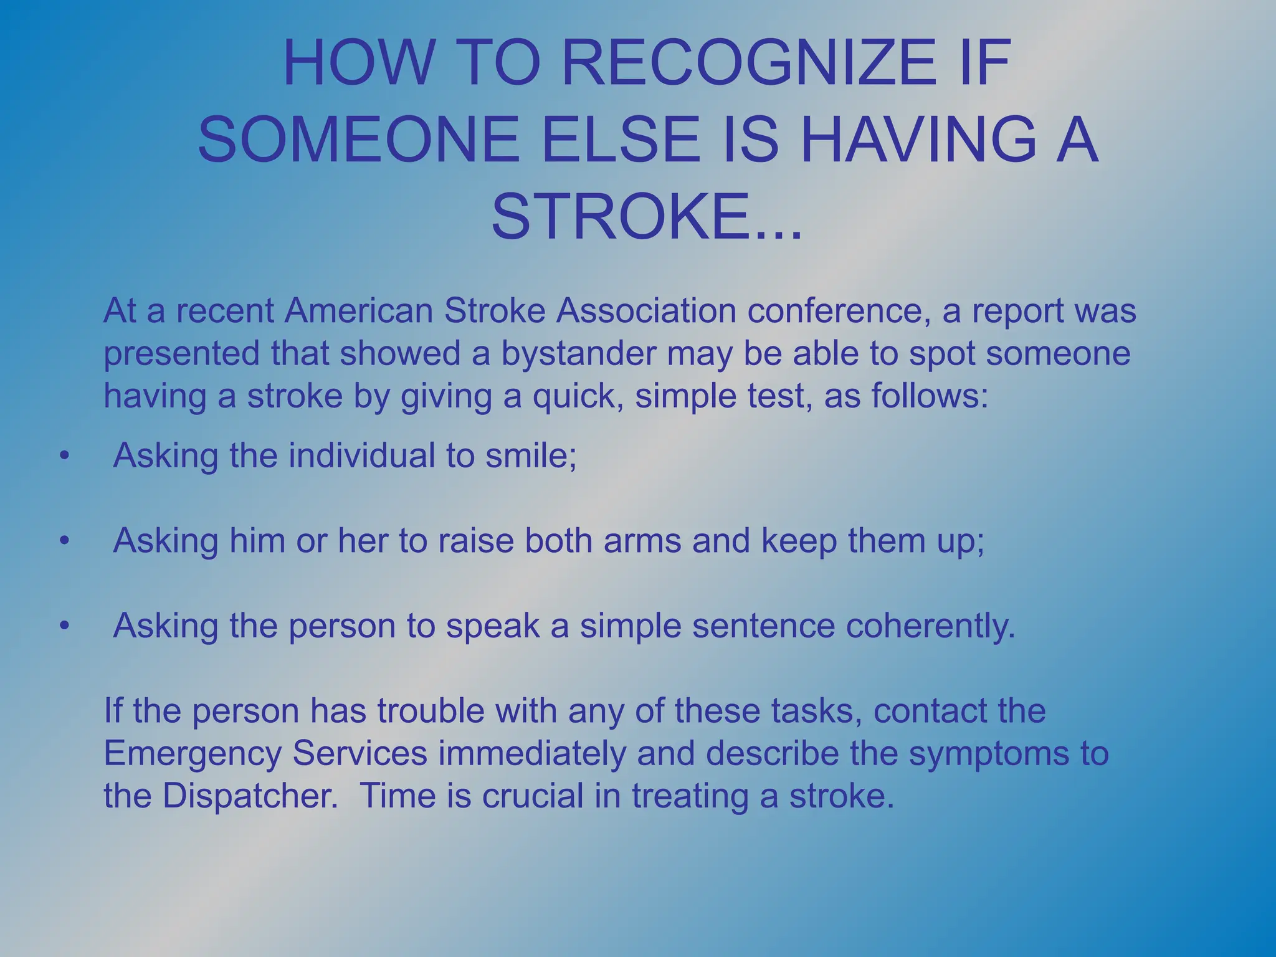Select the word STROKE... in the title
pyautogui.click(x=646, y=217)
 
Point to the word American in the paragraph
pyautogui.click(x=358, y=310)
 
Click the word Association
pyautogui.click(x=646, y=310)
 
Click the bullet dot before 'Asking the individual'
pyautogui.click(x=63, y=457)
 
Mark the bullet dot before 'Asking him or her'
pyautogui.click(x=63, y=541)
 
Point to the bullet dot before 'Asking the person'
pyautogui.click(x=63, y=627)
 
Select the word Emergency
pyautogui.click(x=192, y=753)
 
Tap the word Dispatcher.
pyautogui.click(x=250, y=796)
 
